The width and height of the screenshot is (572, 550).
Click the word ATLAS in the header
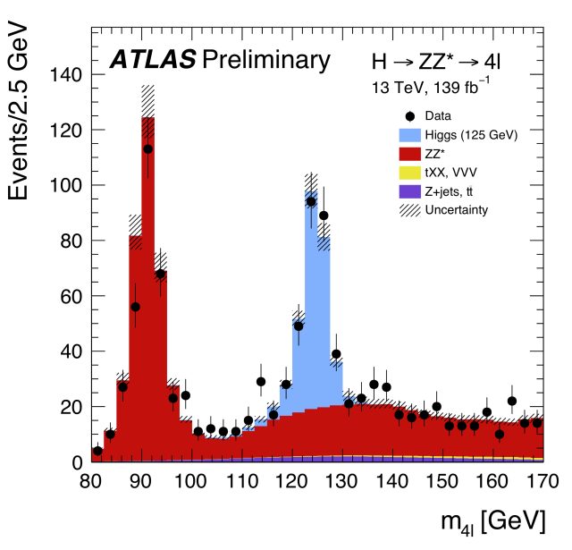[x=153, y=61]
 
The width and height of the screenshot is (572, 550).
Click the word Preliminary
[x=266, y=61]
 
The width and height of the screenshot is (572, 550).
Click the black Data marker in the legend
[x=411, y=116]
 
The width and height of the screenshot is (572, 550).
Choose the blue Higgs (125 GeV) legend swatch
[x=411, y=135]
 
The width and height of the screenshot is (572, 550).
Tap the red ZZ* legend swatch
[x=411, y=154]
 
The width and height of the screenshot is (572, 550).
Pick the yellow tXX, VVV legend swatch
[x=411, y=173]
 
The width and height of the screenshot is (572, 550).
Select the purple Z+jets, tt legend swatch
[x=411, y=191]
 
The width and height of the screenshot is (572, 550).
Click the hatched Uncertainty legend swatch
[x=411, y=210]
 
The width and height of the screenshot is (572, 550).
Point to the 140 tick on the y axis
[x=66, y=74]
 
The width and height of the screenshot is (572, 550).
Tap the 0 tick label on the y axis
[x=78, y=462]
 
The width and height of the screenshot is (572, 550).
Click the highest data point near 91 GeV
[x=147, y=149]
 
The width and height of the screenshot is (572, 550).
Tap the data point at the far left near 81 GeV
[x=97, y=451]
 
